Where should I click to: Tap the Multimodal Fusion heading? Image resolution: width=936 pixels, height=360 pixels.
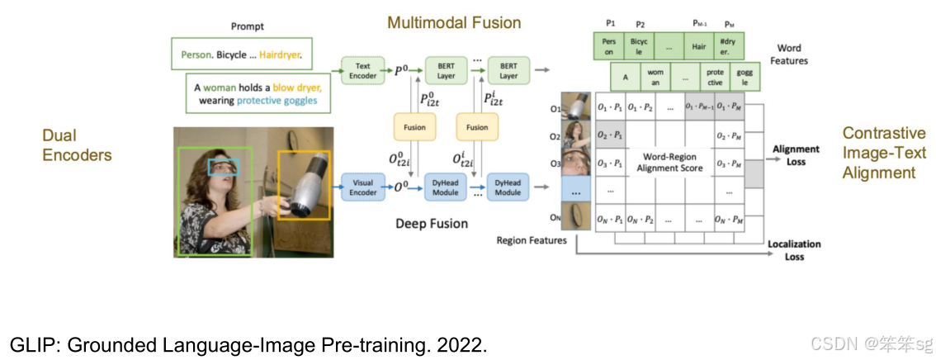(x=454, y=22)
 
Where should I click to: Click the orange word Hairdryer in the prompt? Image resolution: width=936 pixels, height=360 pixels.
(x=280, y=55)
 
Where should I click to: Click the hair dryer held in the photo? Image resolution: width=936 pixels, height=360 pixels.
(x=304, y=184)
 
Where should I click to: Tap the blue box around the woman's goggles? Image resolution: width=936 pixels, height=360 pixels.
(x=223, y=168)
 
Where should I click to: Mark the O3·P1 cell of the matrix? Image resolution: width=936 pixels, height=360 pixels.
(x=608, y=163)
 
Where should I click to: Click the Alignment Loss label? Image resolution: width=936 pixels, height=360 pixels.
(x=796, y=155)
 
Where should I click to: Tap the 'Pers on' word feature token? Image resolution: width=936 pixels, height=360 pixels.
(x=609, y=46)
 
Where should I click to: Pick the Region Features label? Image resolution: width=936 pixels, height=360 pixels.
(x=532, y=240)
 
